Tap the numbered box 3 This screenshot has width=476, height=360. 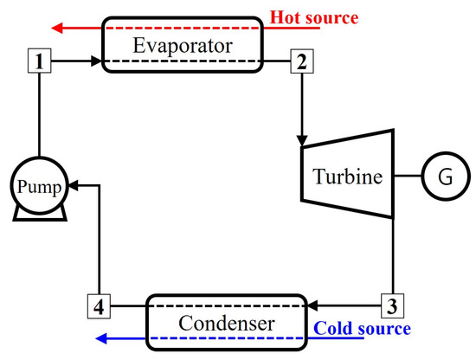394,305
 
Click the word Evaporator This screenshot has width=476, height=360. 182,45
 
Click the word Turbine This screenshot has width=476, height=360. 347,178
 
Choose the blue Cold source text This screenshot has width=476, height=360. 362,329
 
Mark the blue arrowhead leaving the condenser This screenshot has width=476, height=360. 100,338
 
